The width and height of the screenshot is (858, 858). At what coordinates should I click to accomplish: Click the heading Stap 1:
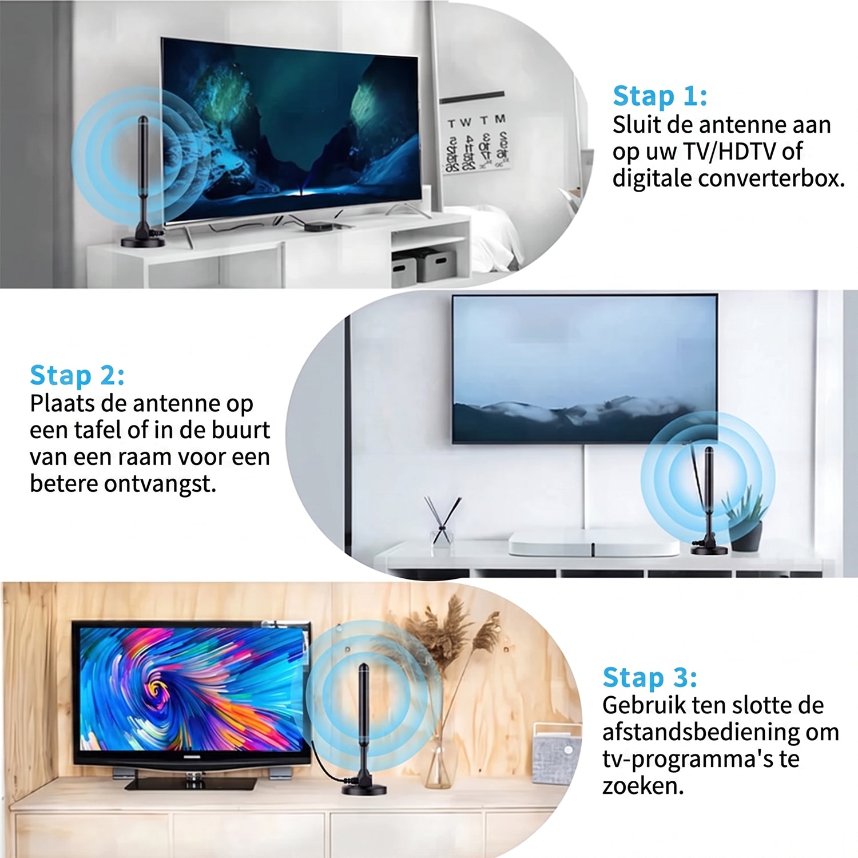[660, 96]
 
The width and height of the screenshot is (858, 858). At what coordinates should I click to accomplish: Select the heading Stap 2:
[77, 376]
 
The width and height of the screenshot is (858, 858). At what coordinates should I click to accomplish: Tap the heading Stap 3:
[650, 677]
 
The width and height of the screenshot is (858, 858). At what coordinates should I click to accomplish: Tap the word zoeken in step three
[643, 786]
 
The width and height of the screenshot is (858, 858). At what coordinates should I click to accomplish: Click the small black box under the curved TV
[316, 226]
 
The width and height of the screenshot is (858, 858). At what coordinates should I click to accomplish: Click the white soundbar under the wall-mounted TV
[594, 543]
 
